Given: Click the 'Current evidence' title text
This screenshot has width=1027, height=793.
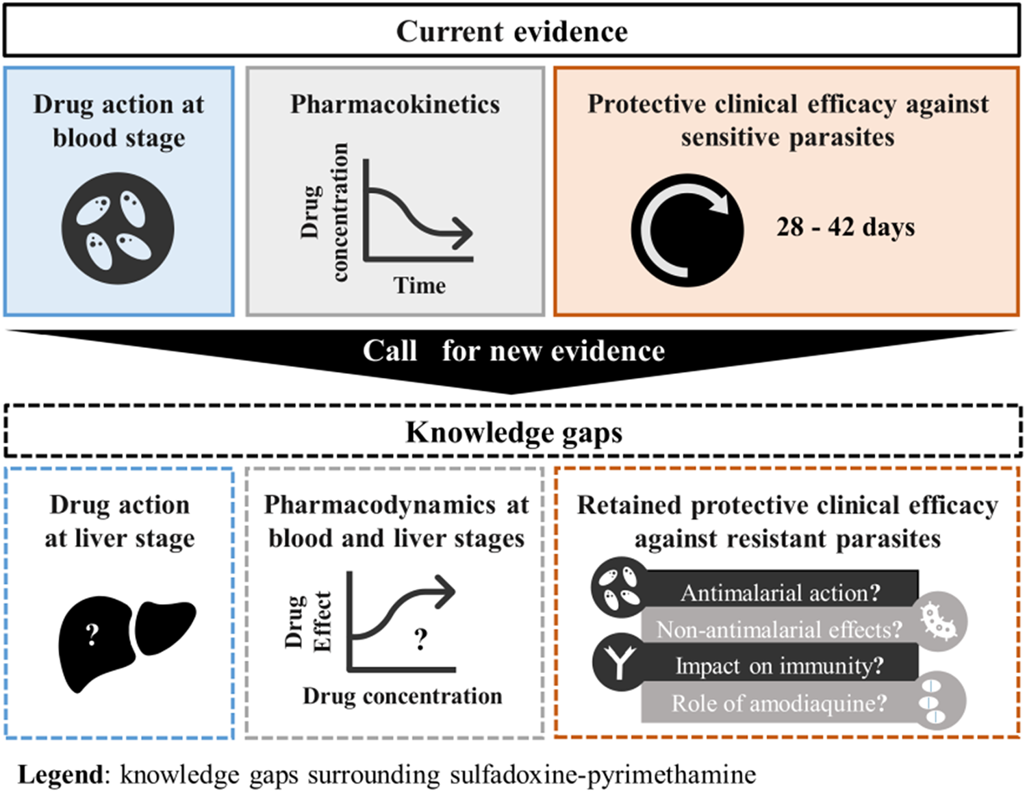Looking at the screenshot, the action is (x=512, y=32).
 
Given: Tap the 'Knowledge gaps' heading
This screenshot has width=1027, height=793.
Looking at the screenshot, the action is (x=513, y=433).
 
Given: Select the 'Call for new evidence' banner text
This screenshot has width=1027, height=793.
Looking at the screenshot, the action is (x=513, y=351).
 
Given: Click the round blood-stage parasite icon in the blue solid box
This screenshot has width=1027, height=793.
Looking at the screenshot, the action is (x=118, y=228).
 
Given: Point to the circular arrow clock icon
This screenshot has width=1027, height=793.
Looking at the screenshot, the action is (x=687, y=230).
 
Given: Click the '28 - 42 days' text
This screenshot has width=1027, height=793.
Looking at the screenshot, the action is (x=846, y=227).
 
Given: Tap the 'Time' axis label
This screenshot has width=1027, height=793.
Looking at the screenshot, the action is (x=420, y=286).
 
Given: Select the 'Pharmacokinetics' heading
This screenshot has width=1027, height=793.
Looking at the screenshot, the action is (x=395, y=105).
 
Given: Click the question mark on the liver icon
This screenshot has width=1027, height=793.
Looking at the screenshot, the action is (x=92, y=635).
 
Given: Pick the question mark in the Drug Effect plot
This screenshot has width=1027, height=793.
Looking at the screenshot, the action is (x=420, y=640).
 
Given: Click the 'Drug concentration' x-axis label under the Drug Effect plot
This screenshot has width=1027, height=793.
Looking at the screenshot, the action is (x=402, y=696).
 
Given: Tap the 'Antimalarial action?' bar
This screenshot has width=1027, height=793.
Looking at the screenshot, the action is (x=780, y=592).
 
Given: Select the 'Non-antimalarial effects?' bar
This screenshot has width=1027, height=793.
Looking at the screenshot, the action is (x=779, y=629).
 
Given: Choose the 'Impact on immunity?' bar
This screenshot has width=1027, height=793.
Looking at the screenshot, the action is (x=779, y=666).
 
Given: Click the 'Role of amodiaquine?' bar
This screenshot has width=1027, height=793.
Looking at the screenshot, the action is (x=779, y=703).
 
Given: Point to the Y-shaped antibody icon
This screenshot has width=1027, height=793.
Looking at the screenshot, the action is (x=620, y=662).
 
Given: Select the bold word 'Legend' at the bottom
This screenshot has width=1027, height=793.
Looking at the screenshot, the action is (x=60, y=775).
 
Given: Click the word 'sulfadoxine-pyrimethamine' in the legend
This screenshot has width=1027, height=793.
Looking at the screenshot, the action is (x=603, y=775).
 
